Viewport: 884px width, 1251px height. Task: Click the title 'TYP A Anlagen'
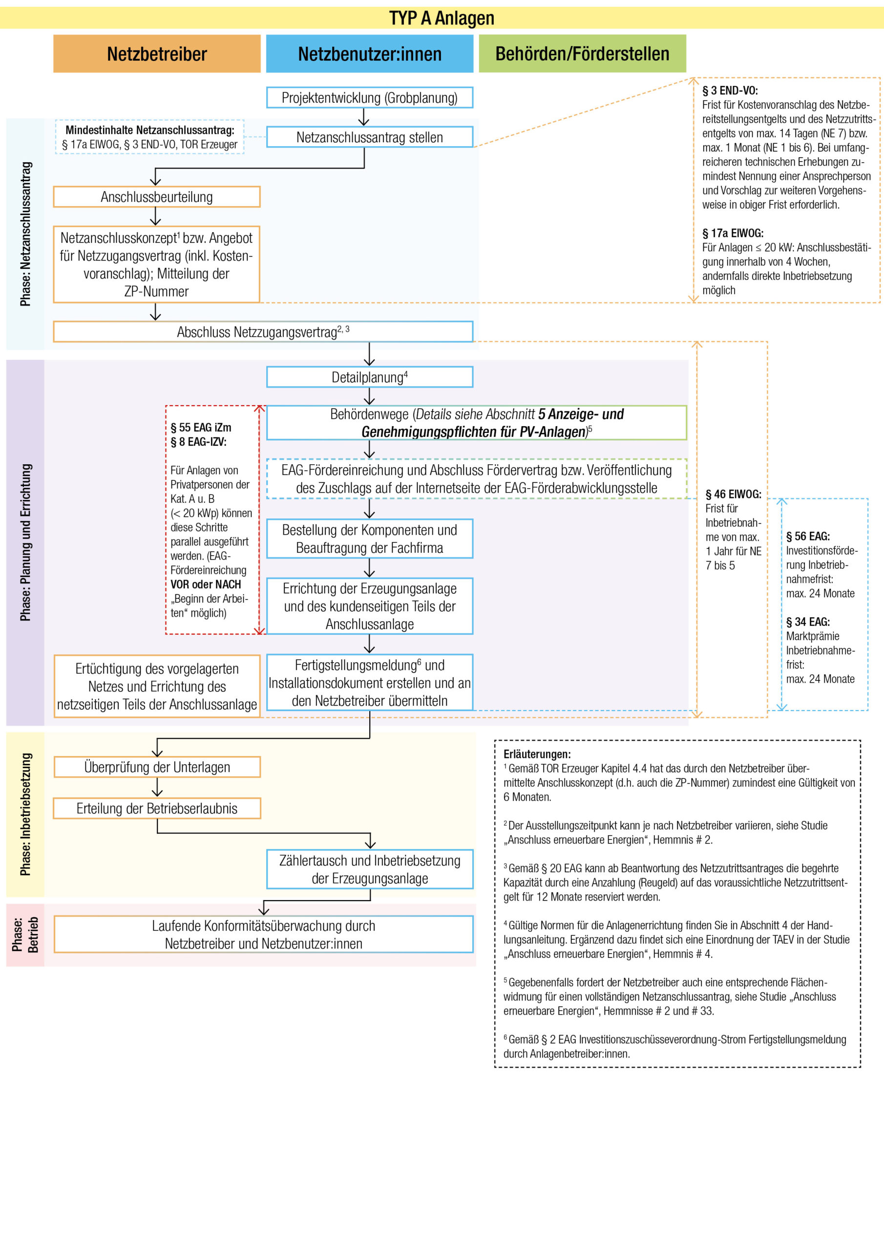[x=441, y=18]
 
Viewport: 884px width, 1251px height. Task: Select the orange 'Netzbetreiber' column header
[x=157, y=54]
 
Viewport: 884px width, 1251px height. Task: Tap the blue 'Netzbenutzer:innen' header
[x=369, y=54]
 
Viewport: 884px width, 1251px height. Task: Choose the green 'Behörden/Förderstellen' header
[x=582, y=54]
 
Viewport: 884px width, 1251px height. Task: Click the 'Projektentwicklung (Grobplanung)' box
[x=369, y=98]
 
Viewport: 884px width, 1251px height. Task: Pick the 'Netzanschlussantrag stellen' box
[x=369, y=137]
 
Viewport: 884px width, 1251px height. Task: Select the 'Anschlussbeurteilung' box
[x=157, y=197]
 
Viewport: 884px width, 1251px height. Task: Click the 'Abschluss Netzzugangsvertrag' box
[x=263, y=331]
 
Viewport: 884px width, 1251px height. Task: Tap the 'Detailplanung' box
[x=369, y=377]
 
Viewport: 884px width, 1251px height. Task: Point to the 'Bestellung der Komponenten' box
[x=369, y=539]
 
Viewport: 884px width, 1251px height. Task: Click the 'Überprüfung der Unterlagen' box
[x=157, y=767]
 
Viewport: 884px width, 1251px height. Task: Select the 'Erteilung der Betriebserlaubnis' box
[x=157, y=808]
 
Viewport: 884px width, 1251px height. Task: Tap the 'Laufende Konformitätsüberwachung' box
[x=263, y=934]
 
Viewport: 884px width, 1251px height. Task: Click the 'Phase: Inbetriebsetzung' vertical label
[x=25, y=814]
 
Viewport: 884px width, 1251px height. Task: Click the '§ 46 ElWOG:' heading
[x=733, y=494]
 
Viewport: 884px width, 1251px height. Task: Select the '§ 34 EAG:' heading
[x=807, y=622]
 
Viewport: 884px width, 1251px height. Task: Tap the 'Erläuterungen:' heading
[x=536, y=754]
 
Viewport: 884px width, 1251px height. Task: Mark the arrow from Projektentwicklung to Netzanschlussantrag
[x=364, y=117]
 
